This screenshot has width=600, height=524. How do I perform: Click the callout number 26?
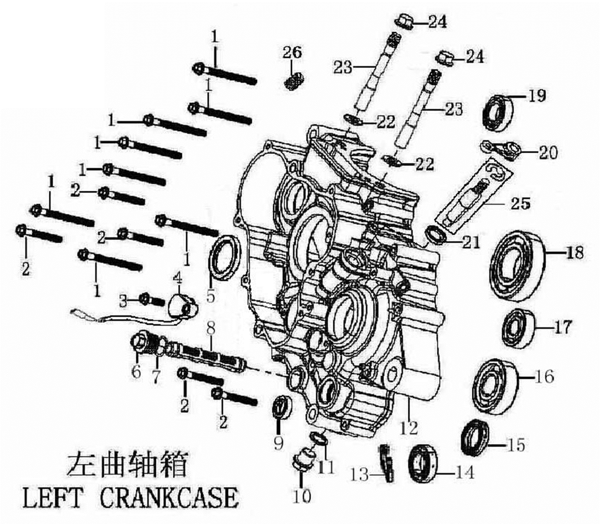[293, 53]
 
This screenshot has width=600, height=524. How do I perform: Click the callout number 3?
[123, 301]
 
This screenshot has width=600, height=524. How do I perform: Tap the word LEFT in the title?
[53, 498]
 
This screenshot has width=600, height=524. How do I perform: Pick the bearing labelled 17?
[518, 326]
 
